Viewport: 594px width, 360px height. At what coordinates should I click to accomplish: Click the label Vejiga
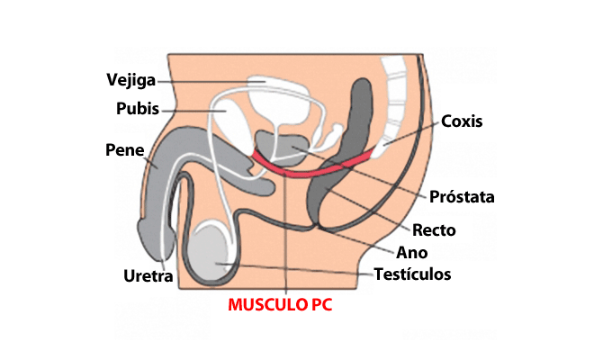pyautogui.click(x=130, y=80)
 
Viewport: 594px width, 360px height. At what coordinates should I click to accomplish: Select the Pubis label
pyautogui.click(x=138, y=110)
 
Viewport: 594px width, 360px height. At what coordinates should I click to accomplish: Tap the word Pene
pyautogui.click(x=125, y=149)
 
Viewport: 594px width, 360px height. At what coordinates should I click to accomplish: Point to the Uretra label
pyautogui.click(x=148, y=274)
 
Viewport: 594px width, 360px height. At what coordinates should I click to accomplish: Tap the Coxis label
pyautogui.click(x=463, y=121)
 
